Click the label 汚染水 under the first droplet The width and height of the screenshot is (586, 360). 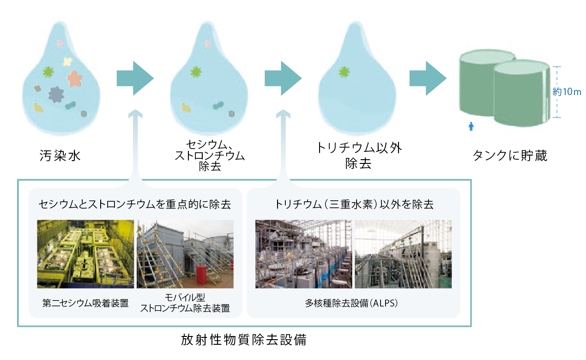pos(60,156)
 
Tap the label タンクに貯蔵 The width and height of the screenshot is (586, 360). pos(510,156)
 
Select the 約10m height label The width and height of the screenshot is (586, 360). pos(567,92)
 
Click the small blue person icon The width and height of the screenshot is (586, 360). pos(471,126)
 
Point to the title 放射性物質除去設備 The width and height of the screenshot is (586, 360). pos(244,341)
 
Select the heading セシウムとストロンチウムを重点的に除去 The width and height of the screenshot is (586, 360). pos(135,204)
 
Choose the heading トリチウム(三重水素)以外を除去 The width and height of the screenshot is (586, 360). pos(354,204)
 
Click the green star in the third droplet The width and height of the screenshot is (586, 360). pos(343,72)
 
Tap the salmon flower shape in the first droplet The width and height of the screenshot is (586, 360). pos(75,78)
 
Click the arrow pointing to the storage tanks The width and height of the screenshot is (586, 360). pos(427,78)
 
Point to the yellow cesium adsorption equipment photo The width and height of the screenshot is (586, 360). pos(85,254)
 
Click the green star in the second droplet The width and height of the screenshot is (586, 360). pos(196,72)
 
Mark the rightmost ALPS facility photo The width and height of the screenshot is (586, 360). pos(403,254)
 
